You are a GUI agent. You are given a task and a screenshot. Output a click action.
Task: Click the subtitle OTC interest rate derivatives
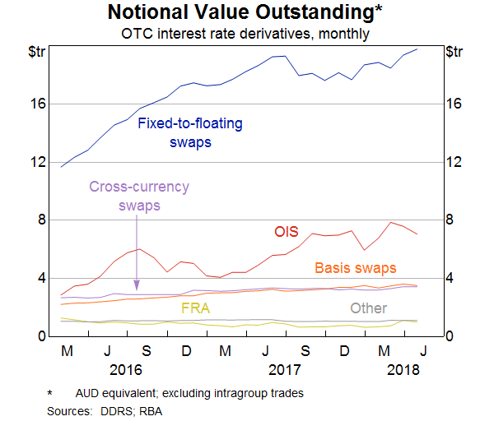(x=246, y=34)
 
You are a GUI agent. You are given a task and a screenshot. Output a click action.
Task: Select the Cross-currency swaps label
(x=139, y=196)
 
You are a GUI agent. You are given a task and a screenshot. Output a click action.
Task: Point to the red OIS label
(x=286, y=233)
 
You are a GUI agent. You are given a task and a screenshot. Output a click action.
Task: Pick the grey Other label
(x=368, y=308)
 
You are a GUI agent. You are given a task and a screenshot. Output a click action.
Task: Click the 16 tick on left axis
(x=40, y=104)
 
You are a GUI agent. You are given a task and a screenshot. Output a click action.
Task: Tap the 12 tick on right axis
(x=454, y=162)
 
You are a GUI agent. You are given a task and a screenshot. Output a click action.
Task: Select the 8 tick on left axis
(x=44, y=220)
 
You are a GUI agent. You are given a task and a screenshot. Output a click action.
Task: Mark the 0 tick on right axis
(x=450, y=336)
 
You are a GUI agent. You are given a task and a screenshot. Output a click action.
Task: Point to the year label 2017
(x=285, y=370)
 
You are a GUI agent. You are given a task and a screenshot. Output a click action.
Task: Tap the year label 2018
(x=403, y=370)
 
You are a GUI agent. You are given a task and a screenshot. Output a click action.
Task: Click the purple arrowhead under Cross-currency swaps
(x=136, y=288)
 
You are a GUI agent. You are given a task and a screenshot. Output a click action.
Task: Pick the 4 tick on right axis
(x=450, y=278)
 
